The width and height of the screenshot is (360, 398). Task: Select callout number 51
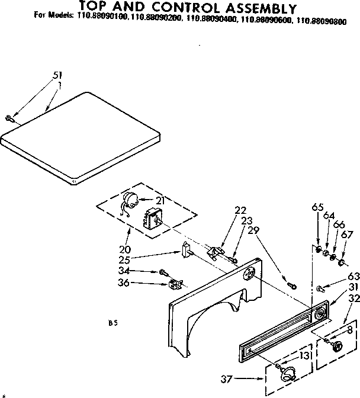pos(57,75)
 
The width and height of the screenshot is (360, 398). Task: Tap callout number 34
pos(140,271)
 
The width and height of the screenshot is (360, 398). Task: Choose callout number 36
pos(140,283)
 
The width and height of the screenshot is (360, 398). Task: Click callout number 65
pos(318,207)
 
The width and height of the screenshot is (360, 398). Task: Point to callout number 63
pos(353,275)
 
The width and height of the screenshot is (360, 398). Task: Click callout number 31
pos(353,288)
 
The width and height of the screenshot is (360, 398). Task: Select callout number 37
pos(227,378)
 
